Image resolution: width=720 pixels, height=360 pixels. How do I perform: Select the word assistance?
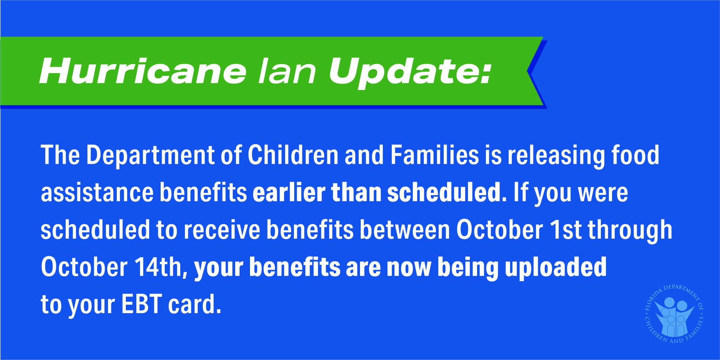pyautogui.click(x=97, y=193)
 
